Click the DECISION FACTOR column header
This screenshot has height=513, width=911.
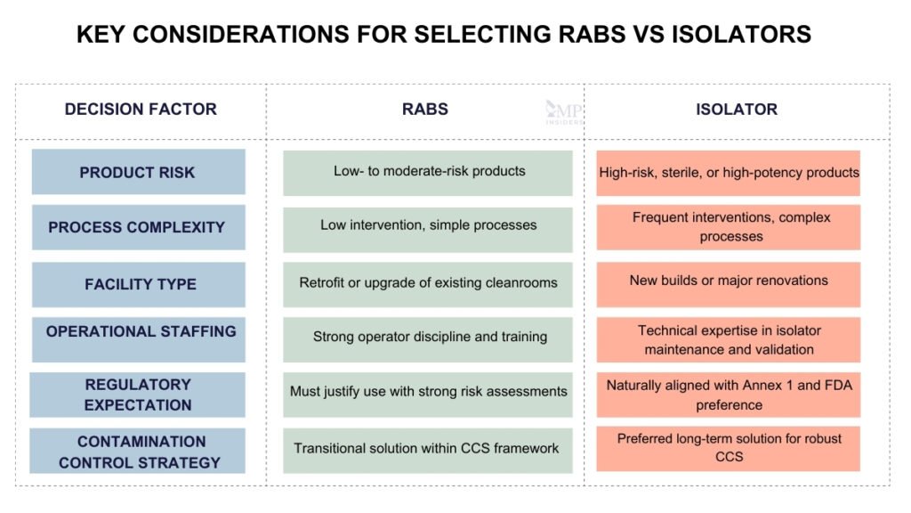pos(141,110)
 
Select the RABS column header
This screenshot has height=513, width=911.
pos(424,110)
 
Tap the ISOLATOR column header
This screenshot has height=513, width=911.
pos(736,110)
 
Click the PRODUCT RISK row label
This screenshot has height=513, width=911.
pos(138,172)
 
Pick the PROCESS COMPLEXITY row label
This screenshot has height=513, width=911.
pos(138,228)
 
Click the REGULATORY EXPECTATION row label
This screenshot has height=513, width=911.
pos(138,395)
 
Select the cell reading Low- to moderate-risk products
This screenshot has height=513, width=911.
pos(428,172)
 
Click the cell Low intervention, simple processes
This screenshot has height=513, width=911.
pos(428,226)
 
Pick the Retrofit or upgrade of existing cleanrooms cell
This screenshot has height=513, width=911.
pos(428,283)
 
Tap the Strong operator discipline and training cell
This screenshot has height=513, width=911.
pos(428,338)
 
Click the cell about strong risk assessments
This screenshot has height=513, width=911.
pos(428,392)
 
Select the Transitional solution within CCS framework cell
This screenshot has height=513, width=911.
pos(428,448)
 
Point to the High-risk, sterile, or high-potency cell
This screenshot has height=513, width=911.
pos(729,173)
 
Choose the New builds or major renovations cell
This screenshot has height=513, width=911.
pos(729,281)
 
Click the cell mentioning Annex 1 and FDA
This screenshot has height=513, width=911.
pos(729,395)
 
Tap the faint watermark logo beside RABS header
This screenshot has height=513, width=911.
pos(561,112)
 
